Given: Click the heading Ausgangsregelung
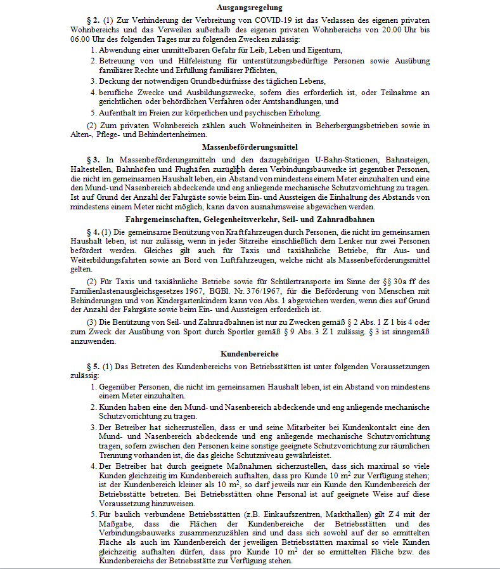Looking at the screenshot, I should pos(250,8).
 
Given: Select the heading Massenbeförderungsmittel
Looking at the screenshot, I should pos(250,147).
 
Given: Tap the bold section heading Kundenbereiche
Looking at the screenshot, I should pos(250,353).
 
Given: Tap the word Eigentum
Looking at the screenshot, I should pos(324,49).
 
